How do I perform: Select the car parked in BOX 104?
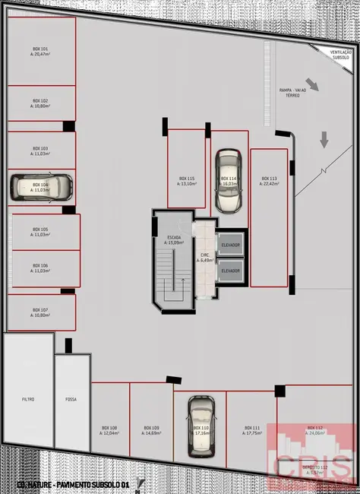[x=41, y=187]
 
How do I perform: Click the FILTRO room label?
[x=28, y=399]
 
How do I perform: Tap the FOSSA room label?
[x=71, y=399]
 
